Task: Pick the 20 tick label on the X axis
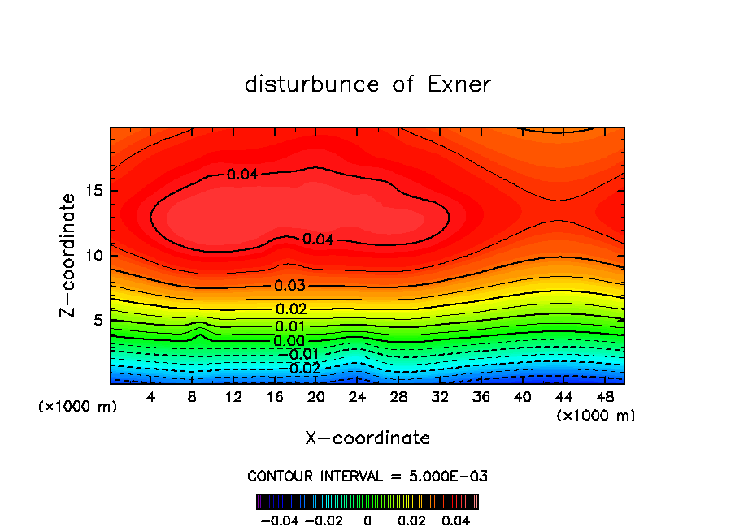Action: click(x=316, y=397)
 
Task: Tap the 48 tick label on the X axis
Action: click(x=604, y=397)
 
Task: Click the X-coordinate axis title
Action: click(x=367, y=438)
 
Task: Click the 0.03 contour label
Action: click(x=289, y=286)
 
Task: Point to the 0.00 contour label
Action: click(x=289, y=341)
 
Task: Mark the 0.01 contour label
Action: click(x=289, y=326)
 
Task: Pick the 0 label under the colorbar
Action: click(x=367, y=519)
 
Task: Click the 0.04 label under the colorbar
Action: click(x=458, y=519)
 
